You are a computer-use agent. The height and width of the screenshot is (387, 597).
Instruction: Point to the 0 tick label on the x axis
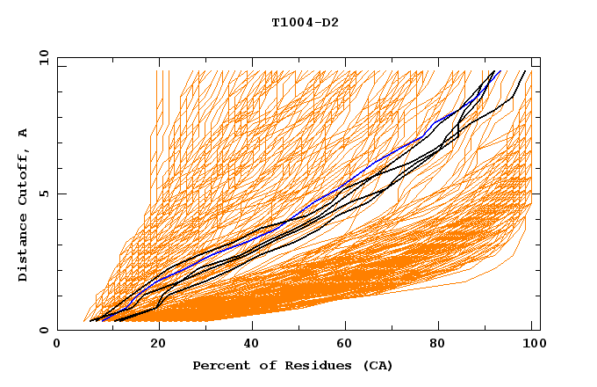tap(57, 345)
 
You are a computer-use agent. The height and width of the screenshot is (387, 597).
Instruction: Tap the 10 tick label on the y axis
tap(41, 57)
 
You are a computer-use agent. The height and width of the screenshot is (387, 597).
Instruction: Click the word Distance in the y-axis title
tap(23, 247)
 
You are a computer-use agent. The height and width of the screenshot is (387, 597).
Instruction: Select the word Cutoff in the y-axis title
tap(23, 177)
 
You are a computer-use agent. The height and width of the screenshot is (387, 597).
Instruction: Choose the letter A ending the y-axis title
tap(23, 133)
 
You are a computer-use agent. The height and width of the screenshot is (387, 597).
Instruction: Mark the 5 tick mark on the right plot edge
tap(536, 193)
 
